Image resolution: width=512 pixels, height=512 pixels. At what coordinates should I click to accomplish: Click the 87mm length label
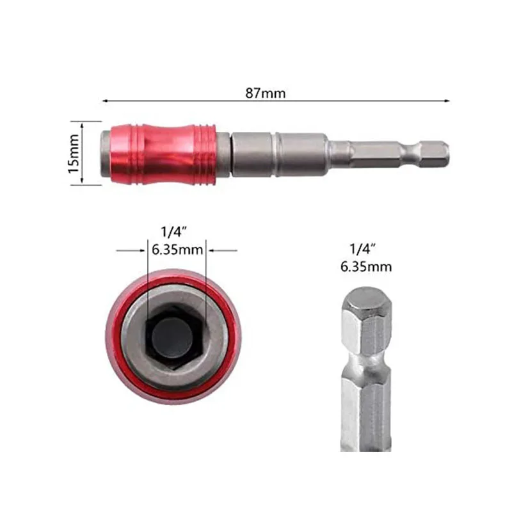coord(265,93)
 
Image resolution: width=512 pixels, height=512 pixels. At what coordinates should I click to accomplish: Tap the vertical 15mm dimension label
coord(74,154)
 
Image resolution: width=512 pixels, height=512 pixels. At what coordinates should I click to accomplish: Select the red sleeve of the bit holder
coord(163,154)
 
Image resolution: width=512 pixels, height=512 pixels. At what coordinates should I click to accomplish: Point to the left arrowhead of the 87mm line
coord(105,101)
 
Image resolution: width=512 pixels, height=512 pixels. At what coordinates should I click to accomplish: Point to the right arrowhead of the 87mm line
coord(447,101)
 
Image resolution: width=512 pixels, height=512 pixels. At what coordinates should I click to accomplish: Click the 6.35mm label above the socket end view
coord(177,250)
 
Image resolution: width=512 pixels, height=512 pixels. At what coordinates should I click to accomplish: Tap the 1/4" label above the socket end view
coord(173,232)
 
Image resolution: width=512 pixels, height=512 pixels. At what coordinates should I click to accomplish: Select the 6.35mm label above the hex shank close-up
coord(365,267)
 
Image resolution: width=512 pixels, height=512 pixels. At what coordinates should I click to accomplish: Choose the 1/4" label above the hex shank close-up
coord(363,249)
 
